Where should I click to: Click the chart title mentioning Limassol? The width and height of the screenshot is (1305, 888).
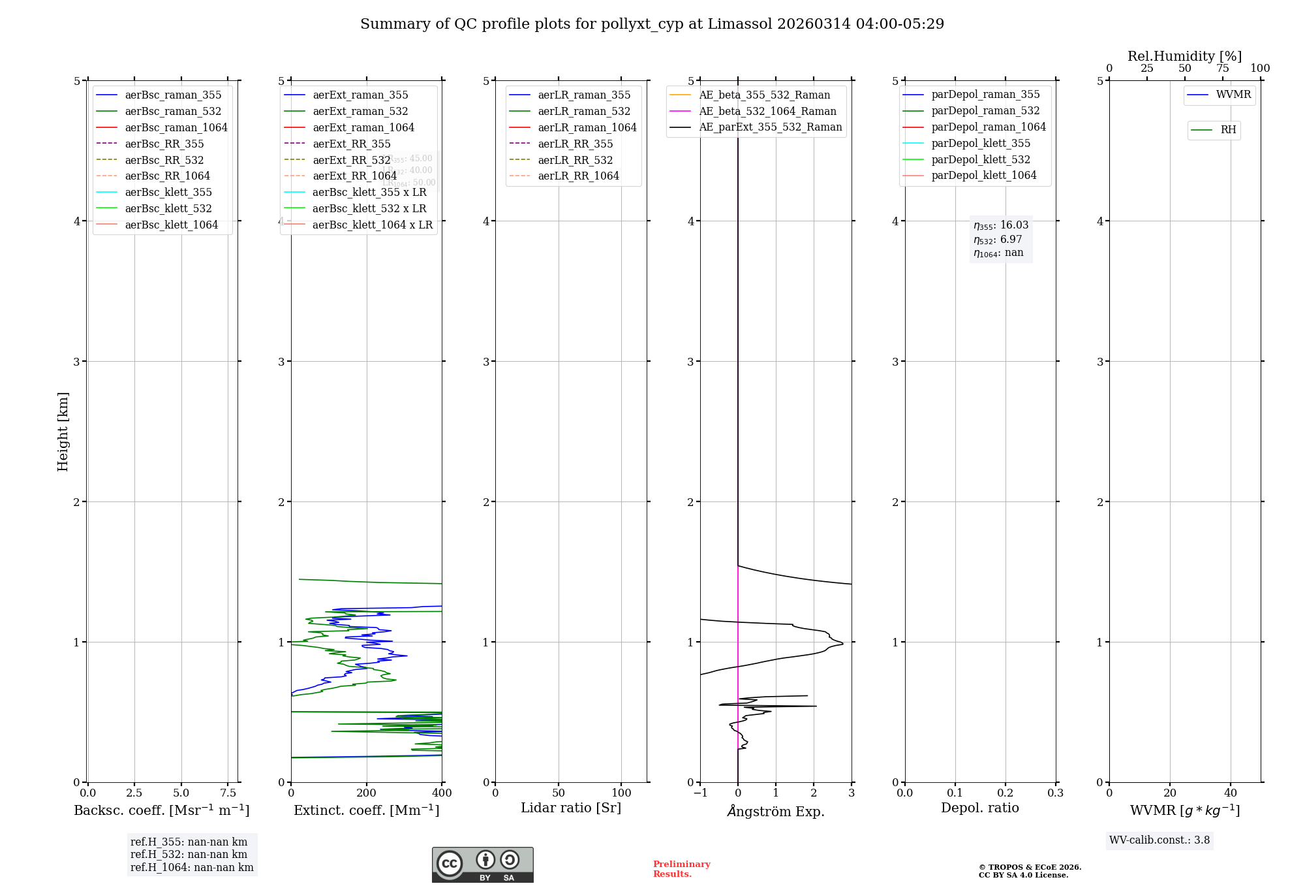click(652, 24)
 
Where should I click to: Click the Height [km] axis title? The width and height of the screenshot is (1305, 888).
click(63, 431)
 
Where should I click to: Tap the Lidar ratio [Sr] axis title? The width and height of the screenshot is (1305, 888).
click(571, 808)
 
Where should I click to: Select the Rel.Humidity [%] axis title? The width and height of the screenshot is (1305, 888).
click(1184, 56)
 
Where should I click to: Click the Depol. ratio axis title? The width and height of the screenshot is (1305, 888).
click(979, 808)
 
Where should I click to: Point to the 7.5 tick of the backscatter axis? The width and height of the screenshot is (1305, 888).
click(228, 793)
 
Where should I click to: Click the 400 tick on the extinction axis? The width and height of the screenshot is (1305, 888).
click(442, 793)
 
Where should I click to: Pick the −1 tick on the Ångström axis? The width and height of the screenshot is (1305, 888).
click(700, 793)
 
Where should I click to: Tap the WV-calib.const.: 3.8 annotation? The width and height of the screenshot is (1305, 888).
click(1159, 840)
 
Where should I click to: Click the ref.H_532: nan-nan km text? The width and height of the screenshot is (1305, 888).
click(189, 855)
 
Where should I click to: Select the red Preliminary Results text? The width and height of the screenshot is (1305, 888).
click(681, 869)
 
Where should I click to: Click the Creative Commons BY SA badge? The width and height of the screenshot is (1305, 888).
click(482, 865)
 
